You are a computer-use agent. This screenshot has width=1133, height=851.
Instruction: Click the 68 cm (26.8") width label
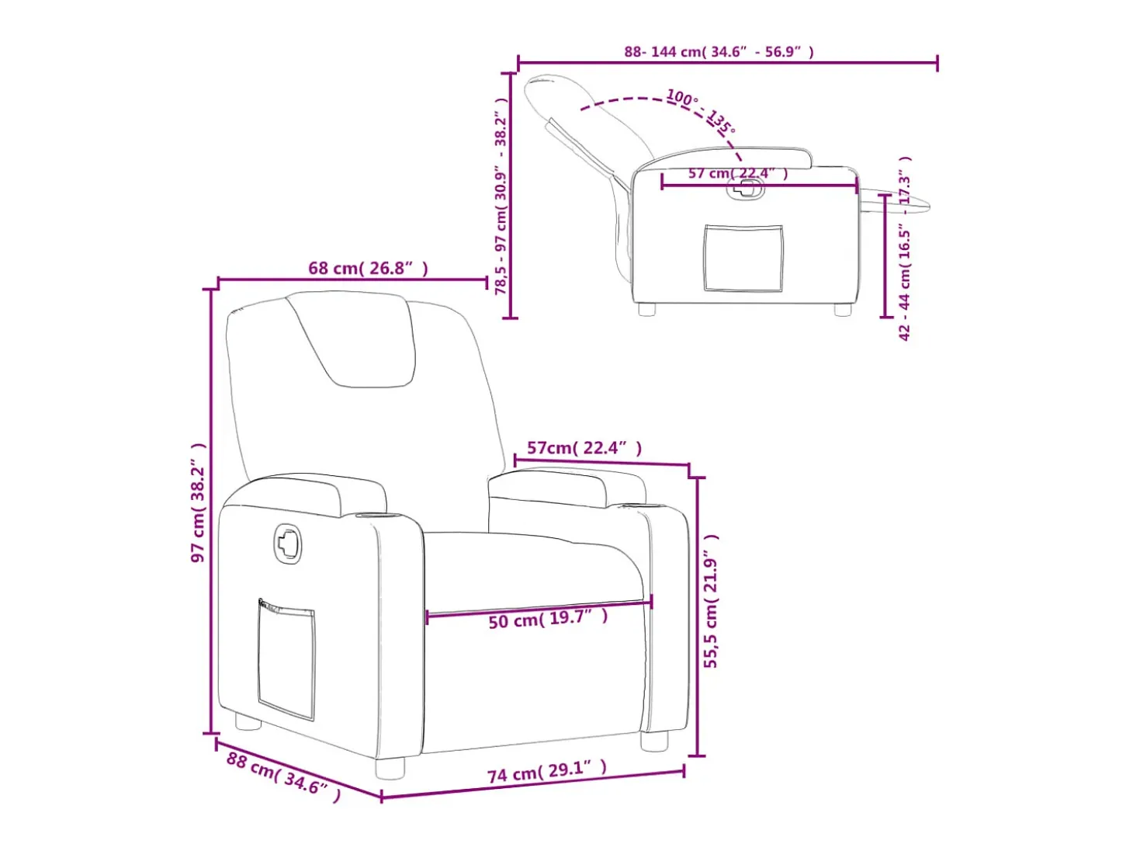coord(368,268)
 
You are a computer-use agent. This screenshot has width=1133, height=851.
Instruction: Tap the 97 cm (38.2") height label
coord(198,502)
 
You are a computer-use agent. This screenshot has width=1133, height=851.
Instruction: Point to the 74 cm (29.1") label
coord(547,772)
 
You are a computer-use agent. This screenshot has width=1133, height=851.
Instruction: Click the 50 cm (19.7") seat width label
coord(548,619)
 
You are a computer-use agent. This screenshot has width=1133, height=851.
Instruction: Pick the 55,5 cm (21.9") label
coord(711,601)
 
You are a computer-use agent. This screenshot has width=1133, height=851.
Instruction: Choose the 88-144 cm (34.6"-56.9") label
coord(719,52)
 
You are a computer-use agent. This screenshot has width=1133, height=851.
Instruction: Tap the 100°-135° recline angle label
coord(700,111)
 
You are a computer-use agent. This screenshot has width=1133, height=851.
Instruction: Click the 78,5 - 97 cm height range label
coord(501,196)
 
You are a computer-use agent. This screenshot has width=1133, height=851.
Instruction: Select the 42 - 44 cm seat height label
coord(905,248)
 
